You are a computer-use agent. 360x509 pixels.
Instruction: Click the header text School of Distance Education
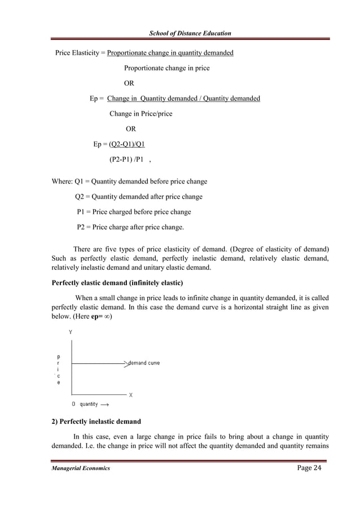[x=190, y=34]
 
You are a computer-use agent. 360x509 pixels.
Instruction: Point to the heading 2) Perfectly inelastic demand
[x=96, y=422]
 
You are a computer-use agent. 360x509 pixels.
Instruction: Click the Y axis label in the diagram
[x=71, y=333]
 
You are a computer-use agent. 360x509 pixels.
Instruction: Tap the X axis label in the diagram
[x=131, y=395]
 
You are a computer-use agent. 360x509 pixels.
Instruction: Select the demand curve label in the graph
[x=144, y=363]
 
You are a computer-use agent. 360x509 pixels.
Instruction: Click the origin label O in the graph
[x=73, y=404]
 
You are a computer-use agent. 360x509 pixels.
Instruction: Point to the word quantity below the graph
[x=89, y=404]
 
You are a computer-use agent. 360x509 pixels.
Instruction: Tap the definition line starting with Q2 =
[x=139, y=197]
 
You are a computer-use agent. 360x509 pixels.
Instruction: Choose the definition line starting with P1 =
[x=134, y=212]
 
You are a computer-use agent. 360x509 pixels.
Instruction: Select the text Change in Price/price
[x=141, y=113]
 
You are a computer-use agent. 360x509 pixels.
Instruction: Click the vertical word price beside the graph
[x=59, y=370]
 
